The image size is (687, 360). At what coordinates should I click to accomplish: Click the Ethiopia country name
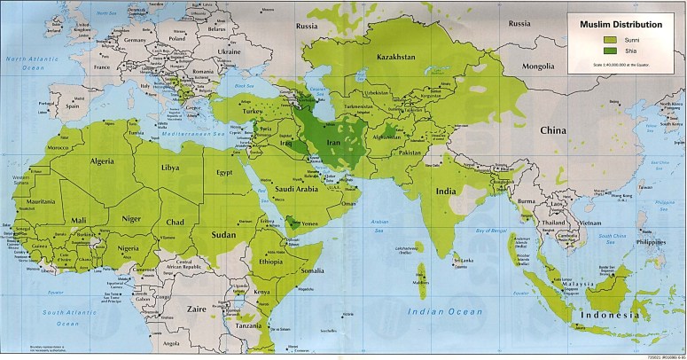coord(269,262)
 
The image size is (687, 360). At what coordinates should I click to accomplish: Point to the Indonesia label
coord(607,316)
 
